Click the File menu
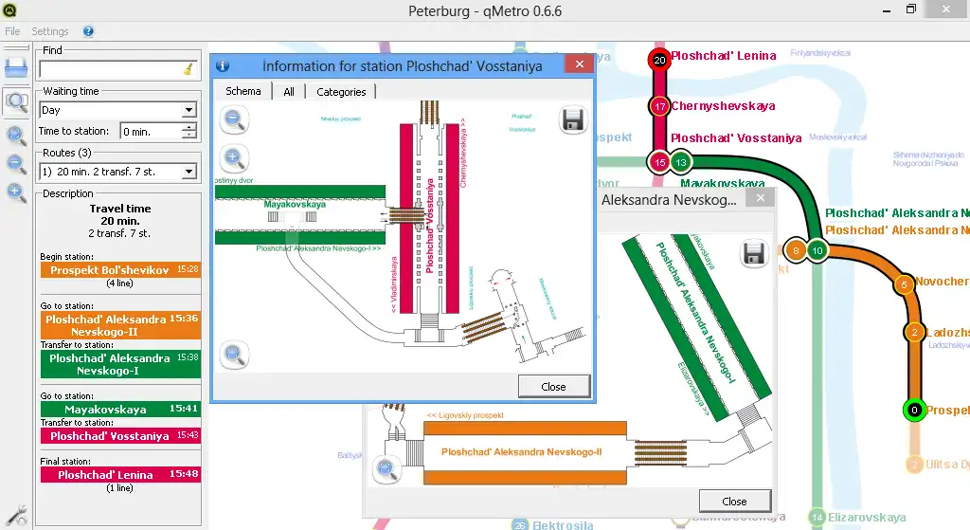[12, 31]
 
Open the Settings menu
[50, 31]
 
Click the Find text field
[112, 69]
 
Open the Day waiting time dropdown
[117, 110]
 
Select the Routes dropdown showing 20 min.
[117, 172]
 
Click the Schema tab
[243, 91]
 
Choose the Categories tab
[341, 92]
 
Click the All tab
[289, 92]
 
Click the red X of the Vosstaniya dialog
[578, 65]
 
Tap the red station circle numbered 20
[660, 60]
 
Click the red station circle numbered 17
[660, 106]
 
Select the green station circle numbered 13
[682, 162]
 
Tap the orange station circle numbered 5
[904, 283]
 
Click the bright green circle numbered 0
[913, 411]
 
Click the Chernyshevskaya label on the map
[723, 106]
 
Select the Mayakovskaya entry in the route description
[119, 410]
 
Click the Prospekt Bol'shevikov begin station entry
[119, 270]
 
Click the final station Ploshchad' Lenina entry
[119, 474]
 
